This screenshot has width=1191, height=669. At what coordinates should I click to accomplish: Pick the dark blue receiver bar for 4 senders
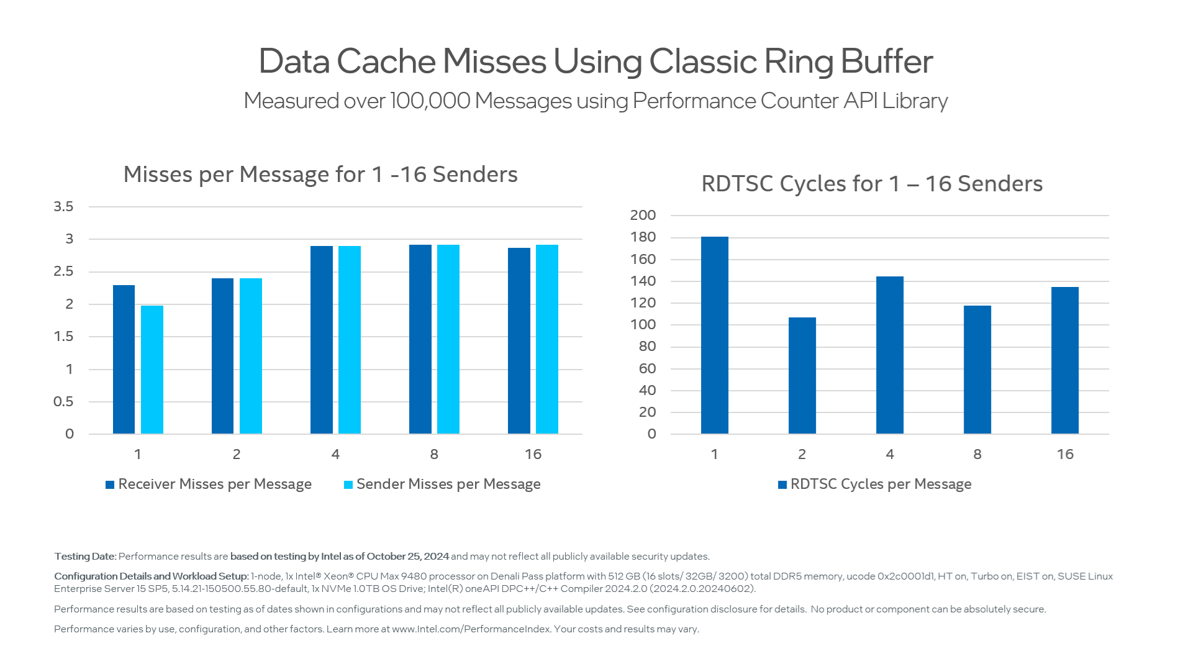pos(321,340)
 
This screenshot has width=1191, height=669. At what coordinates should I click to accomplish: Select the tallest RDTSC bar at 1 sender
pos(714,335)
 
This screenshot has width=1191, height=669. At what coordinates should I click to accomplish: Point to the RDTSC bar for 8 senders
pos(977,370)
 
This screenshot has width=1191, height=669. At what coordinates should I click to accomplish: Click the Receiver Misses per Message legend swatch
pos(110,485)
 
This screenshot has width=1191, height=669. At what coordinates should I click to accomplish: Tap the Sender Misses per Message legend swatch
pos(348,485)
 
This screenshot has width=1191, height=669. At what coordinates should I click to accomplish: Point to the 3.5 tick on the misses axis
pos(63,206)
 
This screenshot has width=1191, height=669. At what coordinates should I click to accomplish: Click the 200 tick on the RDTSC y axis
pos(643,215)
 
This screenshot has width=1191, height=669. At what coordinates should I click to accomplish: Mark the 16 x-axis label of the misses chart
pos(533,454)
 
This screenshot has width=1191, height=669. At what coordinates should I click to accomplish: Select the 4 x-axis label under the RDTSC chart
pos(889,454)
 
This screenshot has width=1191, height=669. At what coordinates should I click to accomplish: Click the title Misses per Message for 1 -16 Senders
pos(320,175)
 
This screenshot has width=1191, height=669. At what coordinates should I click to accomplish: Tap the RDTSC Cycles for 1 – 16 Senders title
pos(871,184)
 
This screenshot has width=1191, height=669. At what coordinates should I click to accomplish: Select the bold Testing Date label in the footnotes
pos(85,557)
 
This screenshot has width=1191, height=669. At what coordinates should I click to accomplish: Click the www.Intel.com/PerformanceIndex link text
pos(471,629)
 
